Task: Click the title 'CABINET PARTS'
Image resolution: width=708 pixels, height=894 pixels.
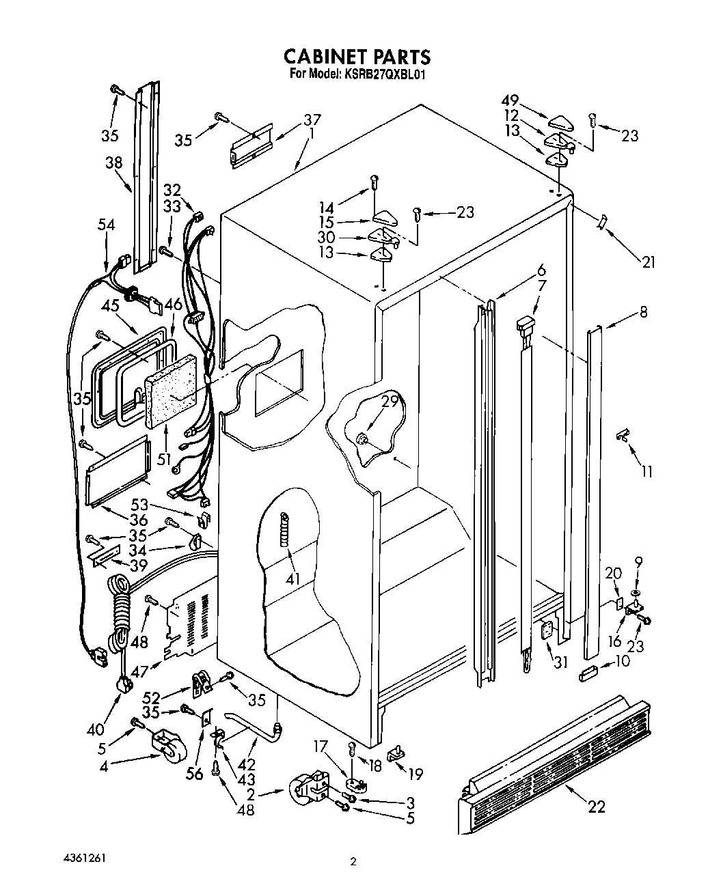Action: tap(357, 55)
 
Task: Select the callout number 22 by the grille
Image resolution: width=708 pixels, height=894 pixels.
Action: tap(596, 807)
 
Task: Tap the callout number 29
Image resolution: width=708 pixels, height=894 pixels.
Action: tap(390, 402)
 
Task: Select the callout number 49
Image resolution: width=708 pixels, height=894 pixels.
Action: tap(509, 100)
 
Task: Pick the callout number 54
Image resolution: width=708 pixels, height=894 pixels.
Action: tap(106, 225)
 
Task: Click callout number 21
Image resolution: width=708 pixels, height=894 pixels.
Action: tap(647, 260)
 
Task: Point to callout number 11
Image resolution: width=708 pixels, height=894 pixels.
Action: tap(646, 471)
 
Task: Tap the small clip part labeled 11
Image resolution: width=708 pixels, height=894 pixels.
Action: tap(622, 434)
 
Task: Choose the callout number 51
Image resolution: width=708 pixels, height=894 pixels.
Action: tap(164, 460)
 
